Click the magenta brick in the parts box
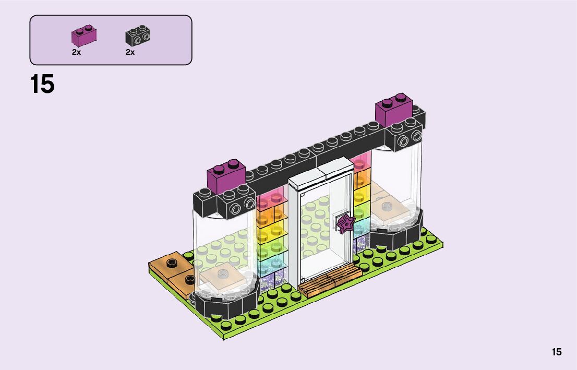[x=84, y=35]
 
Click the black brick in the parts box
[x=138, y=35]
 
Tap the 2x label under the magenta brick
[x=77, y=52]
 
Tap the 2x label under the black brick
[x=130, y=52]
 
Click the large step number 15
[x=42, y=84]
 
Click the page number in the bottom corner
[x=557, y=352]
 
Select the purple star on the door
[x=346, y=224]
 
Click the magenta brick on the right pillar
[x=394, y=109]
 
